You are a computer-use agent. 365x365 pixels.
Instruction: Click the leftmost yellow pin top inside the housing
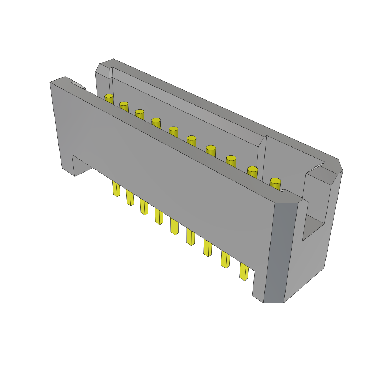click(109, 96)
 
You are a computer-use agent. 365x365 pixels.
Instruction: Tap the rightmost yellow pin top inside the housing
click(275, 181)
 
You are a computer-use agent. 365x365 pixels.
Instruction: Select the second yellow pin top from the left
click(124, 104)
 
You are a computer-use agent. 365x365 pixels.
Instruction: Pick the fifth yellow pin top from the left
click(173, 129)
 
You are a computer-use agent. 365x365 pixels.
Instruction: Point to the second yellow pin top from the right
click(252, 169)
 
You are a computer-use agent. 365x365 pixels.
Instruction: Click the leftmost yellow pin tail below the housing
click(116, 189)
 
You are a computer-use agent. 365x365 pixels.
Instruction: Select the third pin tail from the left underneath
click(144, 207)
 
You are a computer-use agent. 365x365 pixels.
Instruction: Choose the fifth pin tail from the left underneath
click(174, 227)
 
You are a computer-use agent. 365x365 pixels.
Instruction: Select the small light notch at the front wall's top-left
click(78, 85)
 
